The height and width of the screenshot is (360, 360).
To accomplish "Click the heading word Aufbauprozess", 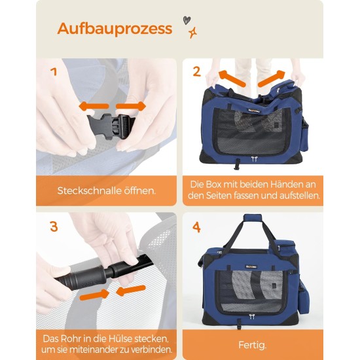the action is (x=115, y=29).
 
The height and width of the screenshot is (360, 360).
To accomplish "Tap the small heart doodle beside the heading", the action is (x=187, y=20).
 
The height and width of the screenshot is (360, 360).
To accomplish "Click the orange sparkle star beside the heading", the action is (x=192, y=33).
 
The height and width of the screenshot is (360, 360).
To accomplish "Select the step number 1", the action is (x=54, y=72).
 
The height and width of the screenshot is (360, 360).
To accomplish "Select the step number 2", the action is (x=196, y=71).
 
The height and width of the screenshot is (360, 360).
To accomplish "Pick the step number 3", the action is (x=54, y=226).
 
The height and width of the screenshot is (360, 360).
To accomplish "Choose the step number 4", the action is (x=196, y=228).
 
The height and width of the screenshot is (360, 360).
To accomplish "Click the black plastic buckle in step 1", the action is (x=111, y=126).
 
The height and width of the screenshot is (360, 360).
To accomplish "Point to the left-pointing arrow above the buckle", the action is (x=94, y=106).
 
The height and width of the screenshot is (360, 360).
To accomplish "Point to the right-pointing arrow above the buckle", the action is (x=131, y=106).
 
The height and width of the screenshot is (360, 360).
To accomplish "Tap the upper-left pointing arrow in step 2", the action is (x=232, y=78).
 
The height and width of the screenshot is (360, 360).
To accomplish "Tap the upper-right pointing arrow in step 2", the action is (x=272, y=79).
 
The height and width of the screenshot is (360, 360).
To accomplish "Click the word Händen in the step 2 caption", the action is (x=283, y=185).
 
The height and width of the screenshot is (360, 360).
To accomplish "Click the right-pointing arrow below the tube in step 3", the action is (x=94, y=295).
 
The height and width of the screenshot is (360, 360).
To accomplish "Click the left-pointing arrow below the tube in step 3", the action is (x=130, y=291).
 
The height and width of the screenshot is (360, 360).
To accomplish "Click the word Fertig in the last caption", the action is (x=251, y=345).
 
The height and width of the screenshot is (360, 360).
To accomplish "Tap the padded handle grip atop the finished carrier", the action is (x=253, y=218).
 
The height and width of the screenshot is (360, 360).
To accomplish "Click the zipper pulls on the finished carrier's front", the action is (x=252, y=317).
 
